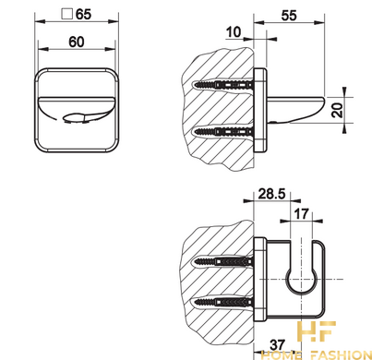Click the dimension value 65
point(83,14)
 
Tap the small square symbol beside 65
point(66,14)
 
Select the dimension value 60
point(77,42)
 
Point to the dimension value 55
point(289,16)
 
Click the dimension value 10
point(234,32)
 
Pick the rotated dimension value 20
point(338,110)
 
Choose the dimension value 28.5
point(271,194)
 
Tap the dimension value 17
point(301,213)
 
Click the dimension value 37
point(277,344)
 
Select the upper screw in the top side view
point(223,84)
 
